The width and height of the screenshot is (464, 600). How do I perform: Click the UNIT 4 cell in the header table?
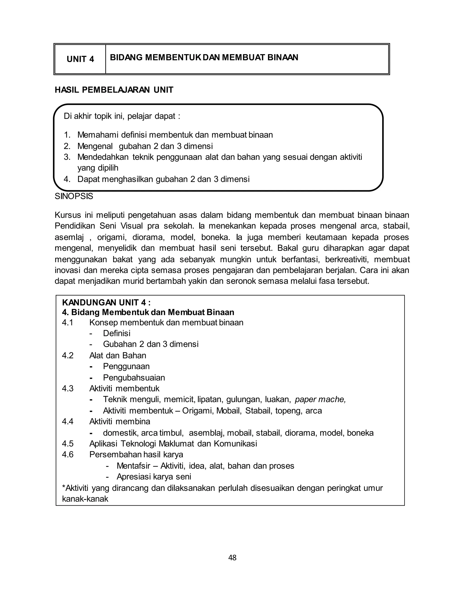point(80,59)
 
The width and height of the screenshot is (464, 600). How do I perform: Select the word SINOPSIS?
point(74,197)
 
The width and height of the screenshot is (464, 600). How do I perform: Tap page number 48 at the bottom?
point(232,558)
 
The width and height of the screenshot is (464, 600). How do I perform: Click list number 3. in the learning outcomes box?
point(67,157)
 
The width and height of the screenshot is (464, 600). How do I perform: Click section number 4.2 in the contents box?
point(68,355)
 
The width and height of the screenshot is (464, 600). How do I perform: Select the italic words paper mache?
point(320,399)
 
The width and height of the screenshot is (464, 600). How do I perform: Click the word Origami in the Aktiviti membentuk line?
point(198,411)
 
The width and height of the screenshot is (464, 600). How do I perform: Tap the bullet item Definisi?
point(116,333)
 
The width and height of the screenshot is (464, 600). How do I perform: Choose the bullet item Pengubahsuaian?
point(134,378)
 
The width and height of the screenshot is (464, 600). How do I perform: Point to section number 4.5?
point(68,444)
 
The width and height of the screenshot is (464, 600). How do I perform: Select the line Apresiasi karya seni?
point(154,477)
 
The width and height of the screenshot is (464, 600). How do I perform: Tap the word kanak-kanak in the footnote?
point(85,499)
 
